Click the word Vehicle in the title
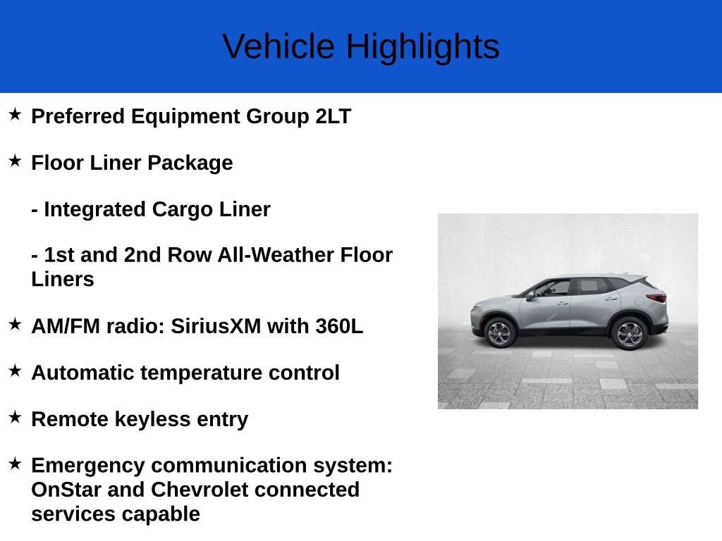pyautogui.click(x=278, y=46)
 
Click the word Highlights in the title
pyautogui.click(x=423, y=47)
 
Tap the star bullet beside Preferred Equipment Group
pyautogui.click(x=15, y=114)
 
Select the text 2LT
pyautogui.click(x=333, y=116)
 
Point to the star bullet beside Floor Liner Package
pyautogui.click(x=15, y=161)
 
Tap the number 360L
pyautogui.click(x=339, y=326)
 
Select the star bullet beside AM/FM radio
pyautogui.click(x=15, y=324)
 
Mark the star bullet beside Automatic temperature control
pyautogui.click(x=15, y=371)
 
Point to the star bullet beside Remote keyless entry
pyautogui.click(x=15, y=417)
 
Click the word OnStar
pyautogui.click(x=66, y=490)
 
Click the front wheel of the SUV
pyautogui.click(x=500, y=333)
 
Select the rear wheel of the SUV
pyautogui.click(x=629, y=334)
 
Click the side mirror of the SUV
pyautogui.click(x=530, y=297)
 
